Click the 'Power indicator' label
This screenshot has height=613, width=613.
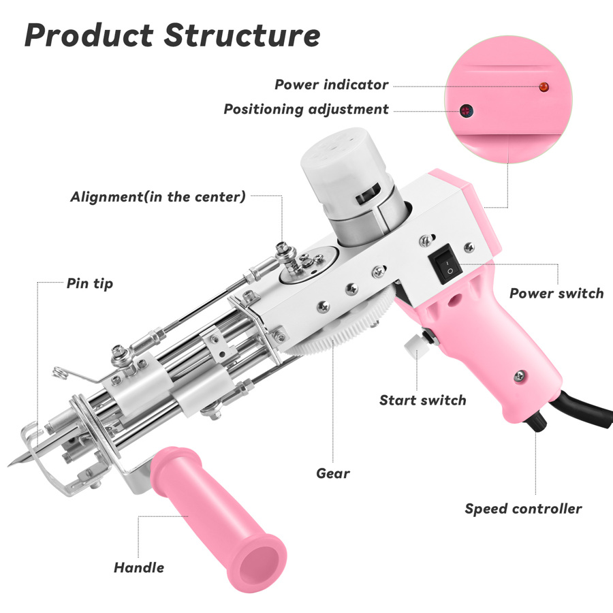(331, 85)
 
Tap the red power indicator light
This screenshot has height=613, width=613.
(544, 87)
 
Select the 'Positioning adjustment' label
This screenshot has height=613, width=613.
(306, 110)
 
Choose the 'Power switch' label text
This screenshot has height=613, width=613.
(556, 294)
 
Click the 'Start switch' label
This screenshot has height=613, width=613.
(422, 400)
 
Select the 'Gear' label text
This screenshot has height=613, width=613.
(333, 473)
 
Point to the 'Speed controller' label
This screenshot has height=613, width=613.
(523, 509)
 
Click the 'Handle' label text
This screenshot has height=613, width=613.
(138, 567)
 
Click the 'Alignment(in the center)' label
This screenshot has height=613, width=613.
(157, 197)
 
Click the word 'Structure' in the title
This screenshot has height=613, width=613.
(242, 35)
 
